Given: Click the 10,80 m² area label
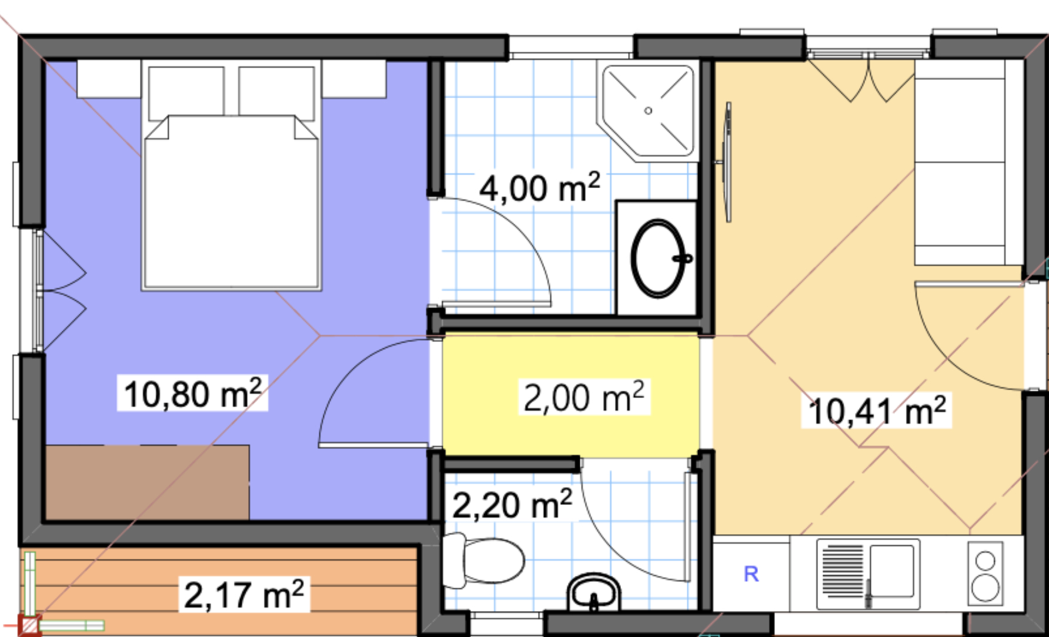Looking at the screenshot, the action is (x=193, y=393).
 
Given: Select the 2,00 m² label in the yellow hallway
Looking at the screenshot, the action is (x=584, y=397).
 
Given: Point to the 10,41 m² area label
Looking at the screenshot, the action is (x=877, y=410).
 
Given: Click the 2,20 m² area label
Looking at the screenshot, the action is (x=512, y=505).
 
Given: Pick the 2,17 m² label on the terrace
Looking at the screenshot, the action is (x=244, y=595).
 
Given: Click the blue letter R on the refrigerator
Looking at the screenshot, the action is (x=751, y=574).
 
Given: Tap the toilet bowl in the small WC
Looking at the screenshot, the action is (x=483, y=560).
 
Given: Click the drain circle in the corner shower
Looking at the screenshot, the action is (x=648, y=110).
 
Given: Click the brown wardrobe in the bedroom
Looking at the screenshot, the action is (x=147, y=482).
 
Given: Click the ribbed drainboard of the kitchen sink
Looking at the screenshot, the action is (x=843, y=571).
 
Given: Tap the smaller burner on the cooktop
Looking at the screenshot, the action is (x=985, y=561).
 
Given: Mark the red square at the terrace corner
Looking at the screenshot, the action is (x=29, y=625).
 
